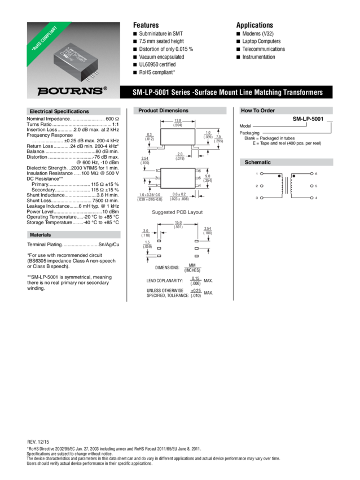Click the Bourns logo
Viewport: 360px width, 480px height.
(71, 91)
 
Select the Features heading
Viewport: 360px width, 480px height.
(146, 25)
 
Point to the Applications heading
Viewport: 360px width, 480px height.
(254, 25)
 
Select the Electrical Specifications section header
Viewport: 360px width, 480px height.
(59, 111)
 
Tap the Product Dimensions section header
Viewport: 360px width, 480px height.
(164, 111)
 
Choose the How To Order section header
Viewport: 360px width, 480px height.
(258, 111)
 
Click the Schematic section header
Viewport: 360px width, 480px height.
(257, 163)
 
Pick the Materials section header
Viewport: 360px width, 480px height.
(41, 234)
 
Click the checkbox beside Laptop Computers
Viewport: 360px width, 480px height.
(238, 42)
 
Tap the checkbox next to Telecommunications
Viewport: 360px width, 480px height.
(238, 50)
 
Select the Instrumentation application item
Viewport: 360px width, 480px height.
(259, 57)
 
